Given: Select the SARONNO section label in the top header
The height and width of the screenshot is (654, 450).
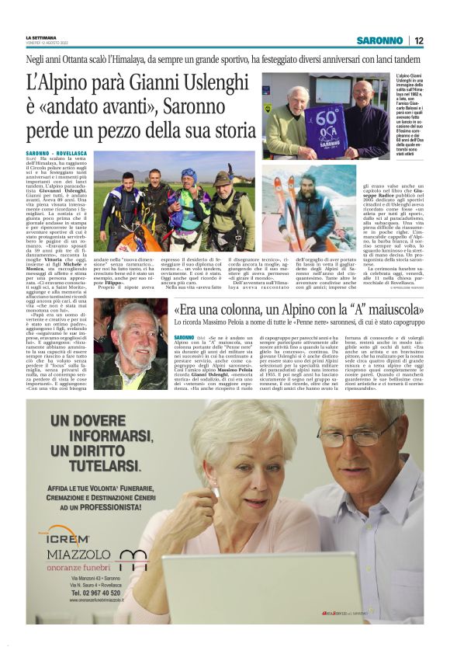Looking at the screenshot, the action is coord(379,40).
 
